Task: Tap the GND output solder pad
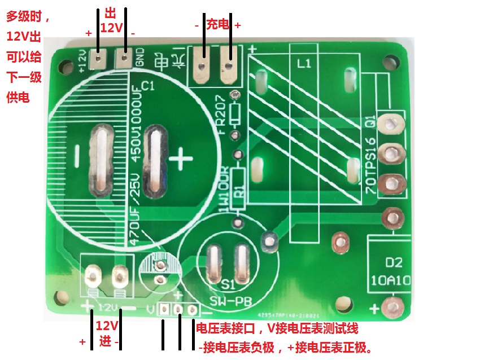(x=124, y=57)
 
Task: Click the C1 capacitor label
(x=147, y=86)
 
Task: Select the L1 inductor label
(x=304, y=64)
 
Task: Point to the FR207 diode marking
(x=221, y=113)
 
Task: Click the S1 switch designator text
(x=228, y=284)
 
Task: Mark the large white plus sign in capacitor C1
(x=181, y=160)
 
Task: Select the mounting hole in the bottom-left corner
(x=59, y=297)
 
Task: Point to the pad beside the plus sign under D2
(x=390, y=307)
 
